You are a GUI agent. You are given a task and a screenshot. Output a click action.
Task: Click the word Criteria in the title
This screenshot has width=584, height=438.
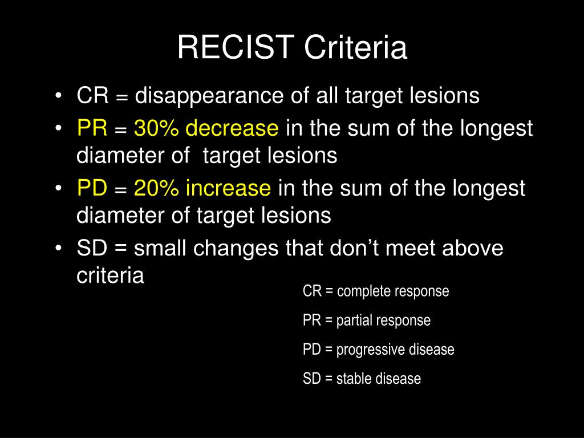[x=355, y=48]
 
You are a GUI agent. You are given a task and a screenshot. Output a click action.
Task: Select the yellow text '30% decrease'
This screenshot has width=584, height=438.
[x=206, y=129]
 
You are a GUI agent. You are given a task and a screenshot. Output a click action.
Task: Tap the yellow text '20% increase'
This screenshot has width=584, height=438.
[x=202, y=188]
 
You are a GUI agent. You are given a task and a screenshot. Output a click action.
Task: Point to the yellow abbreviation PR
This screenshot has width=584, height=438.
[x=92, y=129]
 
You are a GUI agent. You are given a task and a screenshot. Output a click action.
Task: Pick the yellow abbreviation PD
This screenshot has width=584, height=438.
[x=92, y=188]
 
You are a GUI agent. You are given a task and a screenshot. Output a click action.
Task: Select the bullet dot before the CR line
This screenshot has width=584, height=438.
[x=60, y=96]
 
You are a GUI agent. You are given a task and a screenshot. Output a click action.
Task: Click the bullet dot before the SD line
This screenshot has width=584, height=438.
[x=60, y=249]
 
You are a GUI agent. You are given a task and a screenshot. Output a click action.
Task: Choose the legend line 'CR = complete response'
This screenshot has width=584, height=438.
[x=376, y=291]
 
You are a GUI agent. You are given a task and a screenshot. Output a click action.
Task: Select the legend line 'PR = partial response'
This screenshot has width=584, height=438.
[x=367, y=321]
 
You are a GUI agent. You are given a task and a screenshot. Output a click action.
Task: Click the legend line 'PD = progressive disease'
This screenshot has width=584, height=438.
[x=379, y=350]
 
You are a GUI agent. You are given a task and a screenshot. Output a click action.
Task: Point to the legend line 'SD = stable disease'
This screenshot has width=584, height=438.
[x=362, y=379]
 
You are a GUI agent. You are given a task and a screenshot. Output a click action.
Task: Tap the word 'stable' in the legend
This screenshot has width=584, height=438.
[x=352, y=379]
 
